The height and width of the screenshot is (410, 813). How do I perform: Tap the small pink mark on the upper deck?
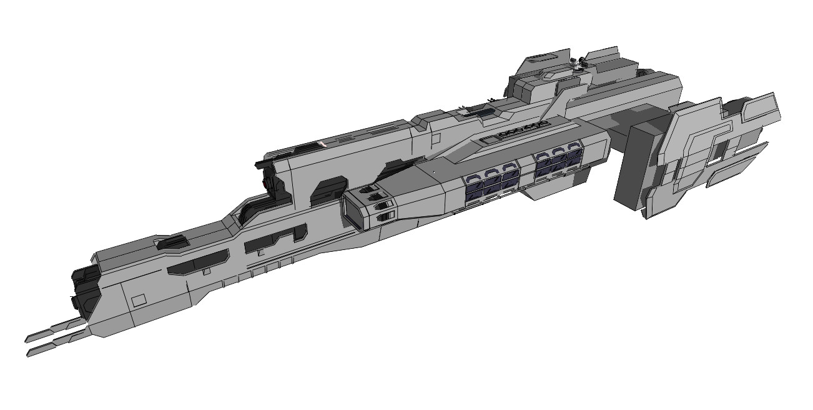323,144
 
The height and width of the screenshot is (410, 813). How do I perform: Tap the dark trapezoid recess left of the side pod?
330,187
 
